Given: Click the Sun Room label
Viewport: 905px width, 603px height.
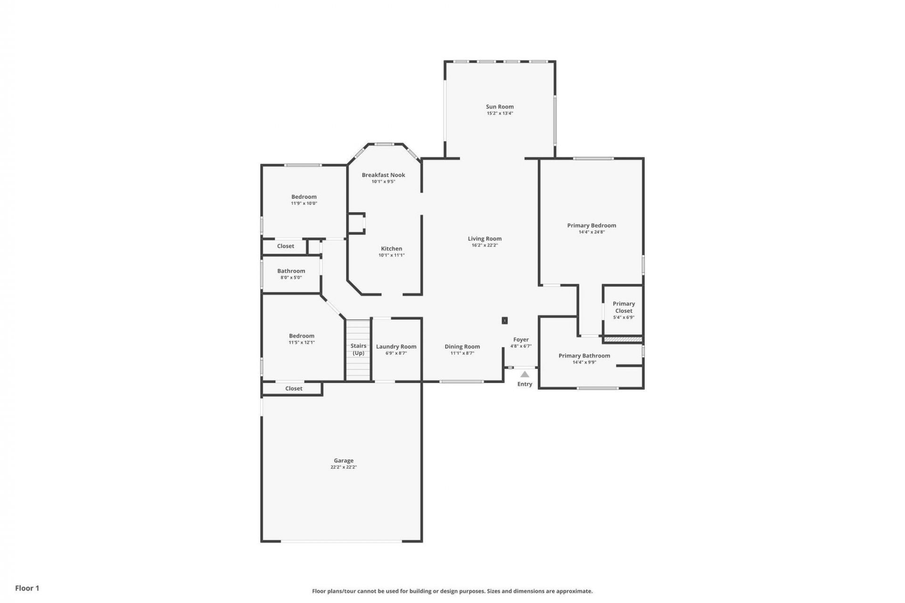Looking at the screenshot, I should point(500,106).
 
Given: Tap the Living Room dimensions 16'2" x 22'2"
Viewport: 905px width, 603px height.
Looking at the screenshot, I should point(485,245).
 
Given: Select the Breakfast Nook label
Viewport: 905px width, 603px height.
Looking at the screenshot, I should point(383,175).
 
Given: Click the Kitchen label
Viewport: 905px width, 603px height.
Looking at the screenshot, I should point(391,248).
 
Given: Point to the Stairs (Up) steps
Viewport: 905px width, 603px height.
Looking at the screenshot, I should point(358,367).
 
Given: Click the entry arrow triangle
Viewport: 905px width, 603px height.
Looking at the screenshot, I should point(525,375).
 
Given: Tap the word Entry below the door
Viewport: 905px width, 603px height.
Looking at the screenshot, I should point(525,384).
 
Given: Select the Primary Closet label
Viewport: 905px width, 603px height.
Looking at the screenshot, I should point(624,307).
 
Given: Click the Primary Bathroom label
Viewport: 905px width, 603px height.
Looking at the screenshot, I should point(584,356).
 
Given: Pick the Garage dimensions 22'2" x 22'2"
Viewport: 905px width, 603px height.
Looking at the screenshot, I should point(344,467).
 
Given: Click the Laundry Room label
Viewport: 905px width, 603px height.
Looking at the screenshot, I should point(396,346).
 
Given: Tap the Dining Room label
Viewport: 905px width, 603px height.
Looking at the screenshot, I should point(462,346).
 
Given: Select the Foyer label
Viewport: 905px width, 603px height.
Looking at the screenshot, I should point(521,339).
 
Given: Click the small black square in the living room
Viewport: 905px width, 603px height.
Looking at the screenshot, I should point(504,320).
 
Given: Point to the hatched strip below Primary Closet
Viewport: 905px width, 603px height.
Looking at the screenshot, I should point(623,339).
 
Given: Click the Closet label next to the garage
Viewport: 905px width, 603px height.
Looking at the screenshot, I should point(294,388).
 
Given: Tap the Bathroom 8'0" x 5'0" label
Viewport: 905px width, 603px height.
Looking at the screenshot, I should point(291,271).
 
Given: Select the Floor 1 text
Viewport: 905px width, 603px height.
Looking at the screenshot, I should point(27,588).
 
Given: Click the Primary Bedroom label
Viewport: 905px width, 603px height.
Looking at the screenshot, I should point(591,225).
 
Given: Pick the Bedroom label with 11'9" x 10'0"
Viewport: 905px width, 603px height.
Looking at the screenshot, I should point(304,196).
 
